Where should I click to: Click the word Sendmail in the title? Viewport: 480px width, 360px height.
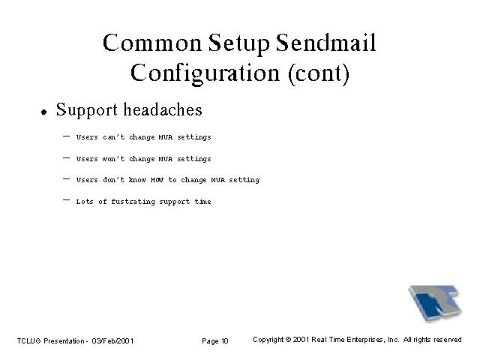tap(325, 43)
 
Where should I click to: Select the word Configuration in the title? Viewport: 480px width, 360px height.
tap(205, 74)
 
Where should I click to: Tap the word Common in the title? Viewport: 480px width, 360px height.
tap(152, 43)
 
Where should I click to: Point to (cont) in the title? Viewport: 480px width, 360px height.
tap(319, 73)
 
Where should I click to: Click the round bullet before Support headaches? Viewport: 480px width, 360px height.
tap(44, 112)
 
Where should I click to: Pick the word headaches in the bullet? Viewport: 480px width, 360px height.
tap(163, 109)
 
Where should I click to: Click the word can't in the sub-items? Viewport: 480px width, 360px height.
tap(113, 136)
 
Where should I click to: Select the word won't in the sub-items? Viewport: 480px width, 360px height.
tap(113, 158)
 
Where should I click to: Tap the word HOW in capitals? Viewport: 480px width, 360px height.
tap(157, 180)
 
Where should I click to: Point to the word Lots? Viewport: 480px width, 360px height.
tap(85, 202)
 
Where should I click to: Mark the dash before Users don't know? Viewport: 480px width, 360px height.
tap(66, 178)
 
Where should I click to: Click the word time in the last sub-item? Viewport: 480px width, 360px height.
tap(202, 202)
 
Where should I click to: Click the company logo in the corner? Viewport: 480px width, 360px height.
tap(435, 303)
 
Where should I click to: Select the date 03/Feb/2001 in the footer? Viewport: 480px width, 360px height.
tap(112, 340)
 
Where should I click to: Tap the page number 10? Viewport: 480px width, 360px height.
tap(225, 340)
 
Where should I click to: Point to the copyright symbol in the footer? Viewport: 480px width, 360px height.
tap(288, 340)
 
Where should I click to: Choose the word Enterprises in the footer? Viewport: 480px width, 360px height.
tap(365, 340)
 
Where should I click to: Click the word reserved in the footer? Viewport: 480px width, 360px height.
tap(448, 340)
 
